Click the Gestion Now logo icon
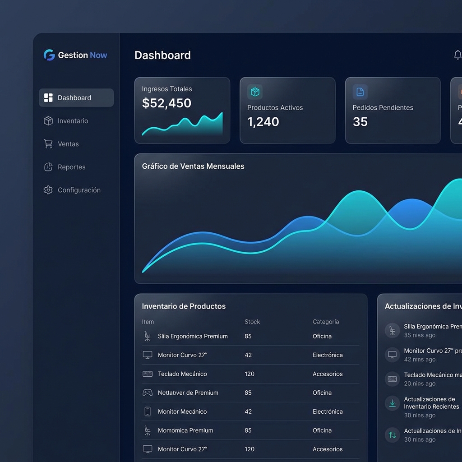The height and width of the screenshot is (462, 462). click(49, 55)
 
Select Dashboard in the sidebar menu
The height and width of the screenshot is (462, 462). click(74, 98)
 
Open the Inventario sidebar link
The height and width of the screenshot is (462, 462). click(73, 121)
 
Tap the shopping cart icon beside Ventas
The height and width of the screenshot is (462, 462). click(48, 144)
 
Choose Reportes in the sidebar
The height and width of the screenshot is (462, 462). click(71, 167)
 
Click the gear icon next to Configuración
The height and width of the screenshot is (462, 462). click(48, 190)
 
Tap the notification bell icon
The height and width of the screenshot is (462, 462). click(457, 55)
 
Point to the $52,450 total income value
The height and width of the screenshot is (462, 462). click(166, 103)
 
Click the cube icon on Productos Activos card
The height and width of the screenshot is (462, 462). click(255, 92)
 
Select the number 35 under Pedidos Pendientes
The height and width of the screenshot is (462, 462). click(360, 122)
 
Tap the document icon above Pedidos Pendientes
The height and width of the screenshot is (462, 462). click(360, 92)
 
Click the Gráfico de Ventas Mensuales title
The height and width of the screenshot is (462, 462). click(193, 166)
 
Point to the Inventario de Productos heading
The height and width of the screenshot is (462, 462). click(184, 306)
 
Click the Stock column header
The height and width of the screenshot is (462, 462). click(252, 322)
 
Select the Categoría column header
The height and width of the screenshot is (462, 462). click(325, 322)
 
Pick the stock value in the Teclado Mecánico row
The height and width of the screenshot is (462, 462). click(249, 374)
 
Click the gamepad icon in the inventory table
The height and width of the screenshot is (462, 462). click(148, 393)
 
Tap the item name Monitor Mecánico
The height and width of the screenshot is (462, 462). click(182, 411)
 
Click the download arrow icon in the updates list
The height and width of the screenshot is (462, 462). click(392, 403)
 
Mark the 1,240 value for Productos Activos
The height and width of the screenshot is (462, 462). click(263, 122)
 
